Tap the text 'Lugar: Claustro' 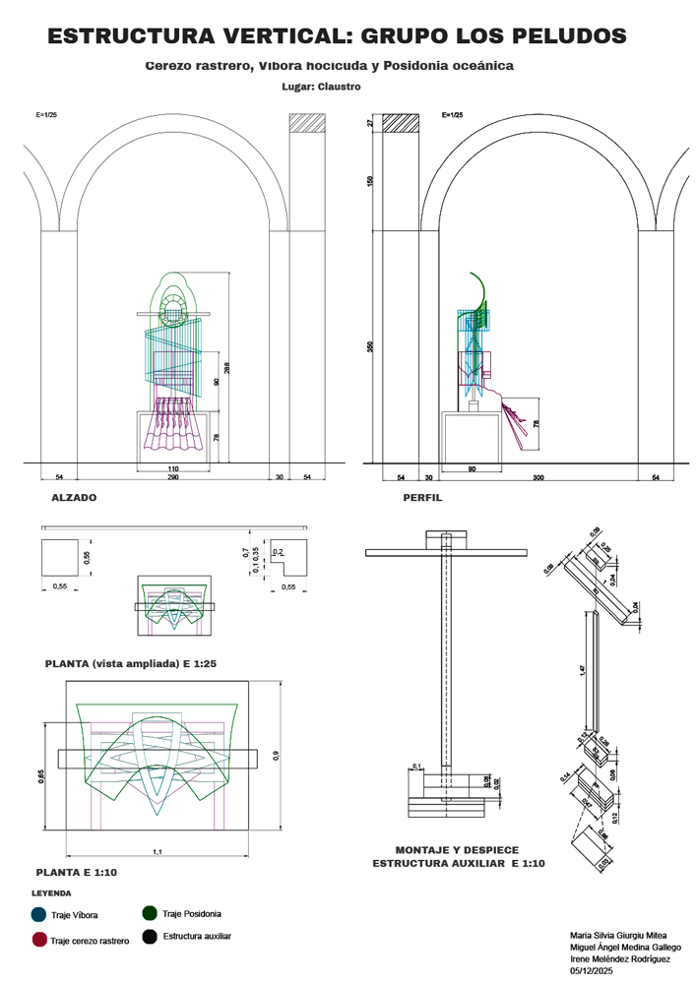tap(321, 87)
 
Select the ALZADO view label tap(74, 498)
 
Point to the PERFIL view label tap(422, 498)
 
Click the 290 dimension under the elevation tap(172, 477)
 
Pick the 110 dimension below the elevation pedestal tap(172, 468)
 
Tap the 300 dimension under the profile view tap(538, 477)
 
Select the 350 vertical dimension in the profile tap(370, 346)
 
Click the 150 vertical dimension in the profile tap(370, 181)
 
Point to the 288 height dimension tap(226, 369)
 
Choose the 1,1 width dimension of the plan tap(158, 851)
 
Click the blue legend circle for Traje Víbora tap(38, 914)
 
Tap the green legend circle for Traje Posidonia tap(151, 913)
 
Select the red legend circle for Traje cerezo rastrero tap(39, 940)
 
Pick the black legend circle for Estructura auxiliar tap(151, 936)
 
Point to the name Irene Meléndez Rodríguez tap(621, 958)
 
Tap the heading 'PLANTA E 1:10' tap(77, 872)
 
